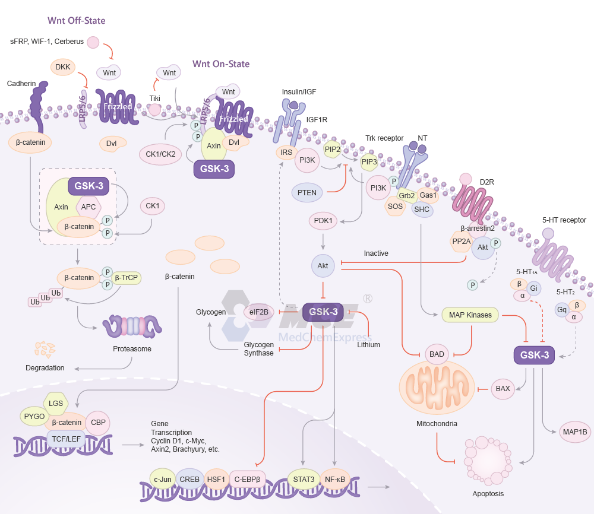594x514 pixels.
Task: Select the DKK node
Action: point(63,67)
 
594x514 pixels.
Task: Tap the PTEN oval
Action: point(307,192)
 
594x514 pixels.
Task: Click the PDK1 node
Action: point(323,221)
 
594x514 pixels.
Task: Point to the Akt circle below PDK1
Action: point(323,265)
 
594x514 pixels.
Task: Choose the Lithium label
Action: point(368,344)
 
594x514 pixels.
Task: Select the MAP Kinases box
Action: point(470,315)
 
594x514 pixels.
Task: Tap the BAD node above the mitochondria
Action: point(437,354)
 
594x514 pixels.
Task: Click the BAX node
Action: point(503,389)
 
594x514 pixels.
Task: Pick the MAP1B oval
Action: point(574,432)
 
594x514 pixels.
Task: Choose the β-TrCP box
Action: point(126,277)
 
